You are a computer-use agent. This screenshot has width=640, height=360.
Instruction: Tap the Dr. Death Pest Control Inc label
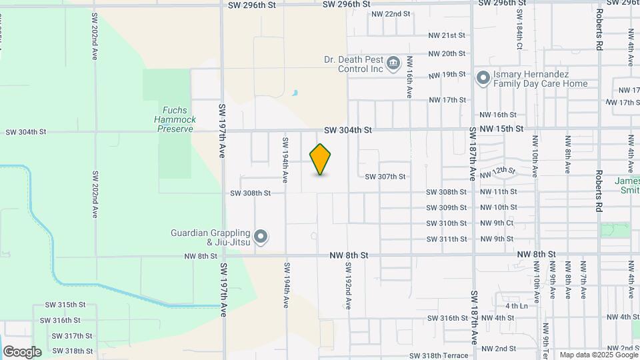tap(353, 64)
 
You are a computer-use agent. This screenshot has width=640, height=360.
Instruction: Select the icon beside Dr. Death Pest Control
tap(393, 63)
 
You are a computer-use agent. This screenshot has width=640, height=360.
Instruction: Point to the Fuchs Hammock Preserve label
tap(175, 119)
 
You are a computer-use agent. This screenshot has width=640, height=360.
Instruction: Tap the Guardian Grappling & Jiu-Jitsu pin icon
tap(261, 237)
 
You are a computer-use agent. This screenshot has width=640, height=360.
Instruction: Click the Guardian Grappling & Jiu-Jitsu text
tap(210, 237)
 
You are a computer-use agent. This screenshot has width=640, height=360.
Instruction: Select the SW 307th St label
tap(385, 177)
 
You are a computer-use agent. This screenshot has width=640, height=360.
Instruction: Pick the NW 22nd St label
tap(391, 13)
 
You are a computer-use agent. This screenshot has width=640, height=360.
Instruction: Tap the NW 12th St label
tap(504, 172)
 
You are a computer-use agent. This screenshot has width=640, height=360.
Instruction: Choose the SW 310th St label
tap(447, 223)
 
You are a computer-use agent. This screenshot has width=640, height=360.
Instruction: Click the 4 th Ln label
tap(516, 306)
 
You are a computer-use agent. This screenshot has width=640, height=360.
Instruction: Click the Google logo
tap(22, 352)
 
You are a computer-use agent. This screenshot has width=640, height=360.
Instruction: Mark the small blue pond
tap(295, 93)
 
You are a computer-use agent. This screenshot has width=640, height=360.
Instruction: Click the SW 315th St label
tap(65, 305)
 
